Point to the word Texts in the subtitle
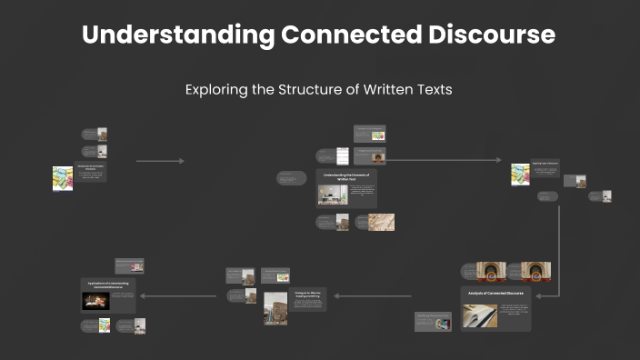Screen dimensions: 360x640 (x=432, y=90)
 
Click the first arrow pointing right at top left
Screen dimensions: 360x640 (x=160, y=161)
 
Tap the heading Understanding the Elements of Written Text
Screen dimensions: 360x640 (x=345, y=176)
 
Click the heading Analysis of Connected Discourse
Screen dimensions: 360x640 (x=495, y=294)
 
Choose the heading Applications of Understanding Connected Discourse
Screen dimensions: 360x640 (x=108, y=285)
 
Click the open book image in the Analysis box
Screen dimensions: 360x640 (x=480, y=315)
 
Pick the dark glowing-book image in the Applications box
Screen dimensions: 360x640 (x=95, y=300)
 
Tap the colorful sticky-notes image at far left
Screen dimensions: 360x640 (x=63, y=177)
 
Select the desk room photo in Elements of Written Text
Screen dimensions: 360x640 (x=333, y=195)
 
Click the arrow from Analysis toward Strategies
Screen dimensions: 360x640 (x=373, y=295)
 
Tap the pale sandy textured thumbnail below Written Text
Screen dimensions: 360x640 (x=381, y=222)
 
